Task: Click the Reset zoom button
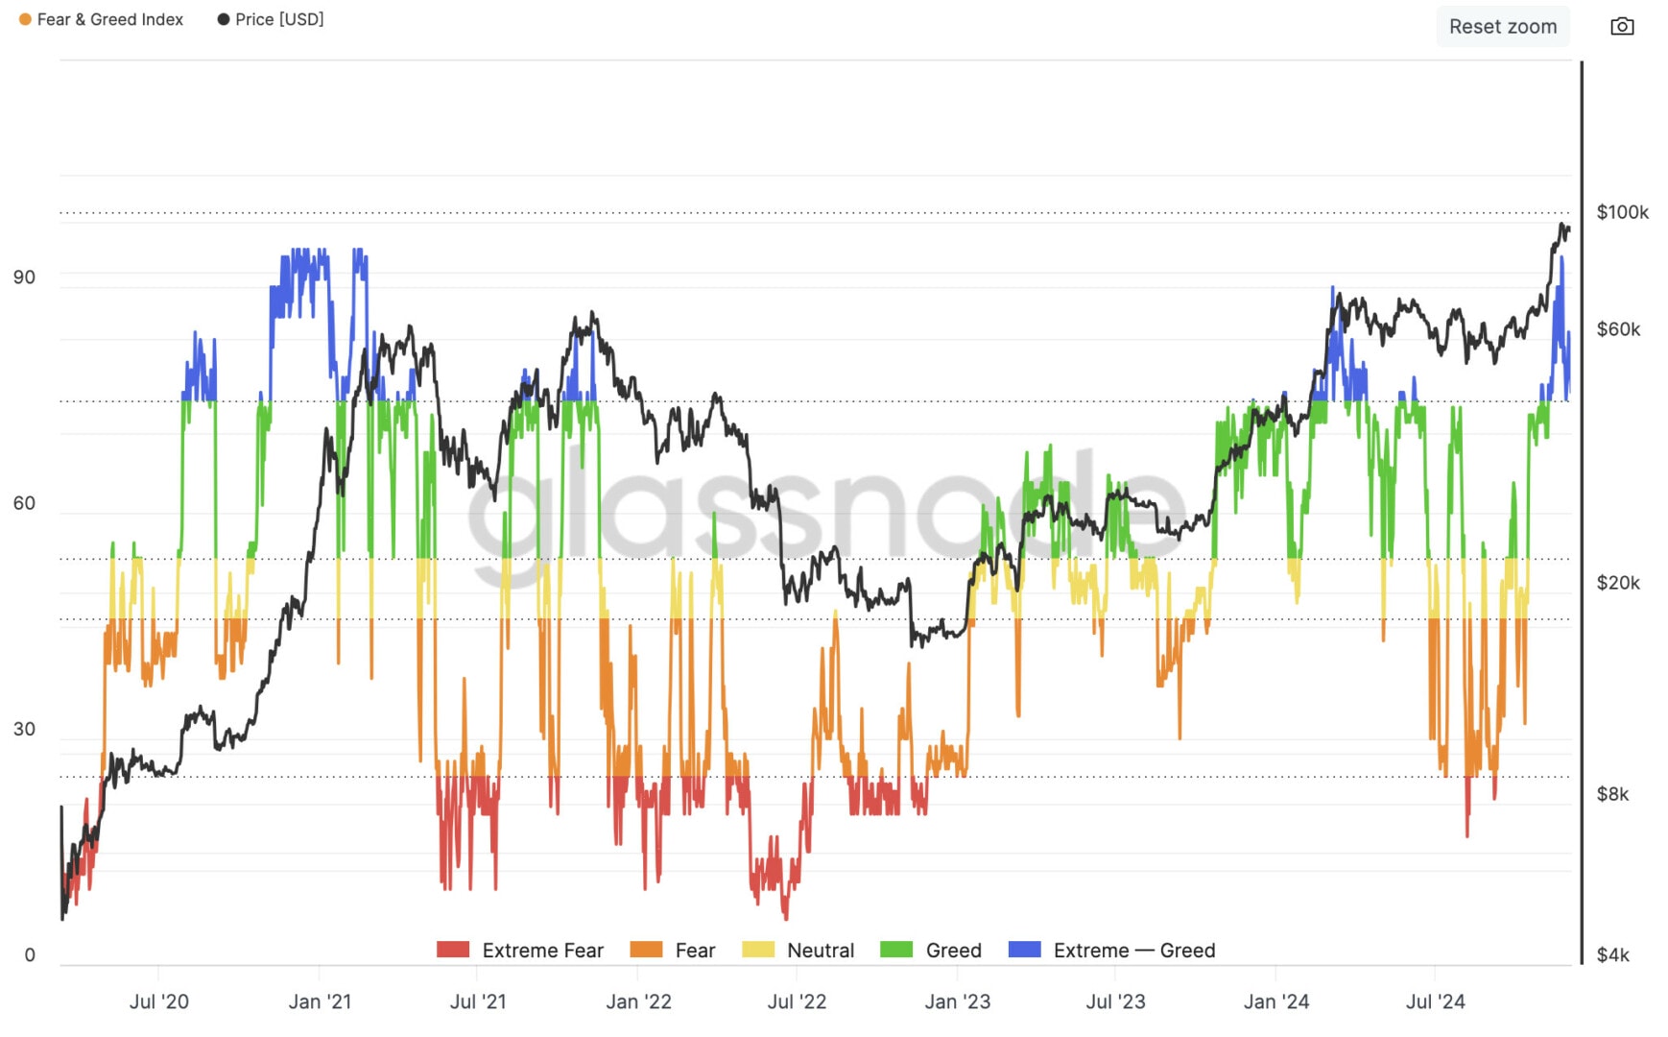pos(1502,27)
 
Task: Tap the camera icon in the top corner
pos(1622,26)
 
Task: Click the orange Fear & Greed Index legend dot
pos(25,19)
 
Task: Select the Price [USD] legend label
pos(279,19)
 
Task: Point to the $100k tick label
pos(1622,212)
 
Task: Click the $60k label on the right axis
pos(1618,329)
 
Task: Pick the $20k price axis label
pos(1618,583)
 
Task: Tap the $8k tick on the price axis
pos(1612,794)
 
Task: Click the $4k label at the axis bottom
pos(1612,954)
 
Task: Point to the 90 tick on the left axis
pos(24,277)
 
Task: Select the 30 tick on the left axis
pos(24,729)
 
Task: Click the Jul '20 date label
pos(159,1001)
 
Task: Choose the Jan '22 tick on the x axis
pos(638,1001)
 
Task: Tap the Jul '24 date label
pos(1435,1001)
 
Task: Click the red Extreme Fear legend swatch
pos(453,950)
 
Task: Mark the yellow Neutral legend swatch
pos(758,950)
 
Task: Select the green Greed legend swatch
pos(896,950)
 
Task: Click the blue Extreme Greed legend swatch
pos(1024,950)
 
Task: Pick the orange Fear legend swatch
pos(646,950)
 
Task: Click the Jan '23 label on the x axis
pos(957,1001)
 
